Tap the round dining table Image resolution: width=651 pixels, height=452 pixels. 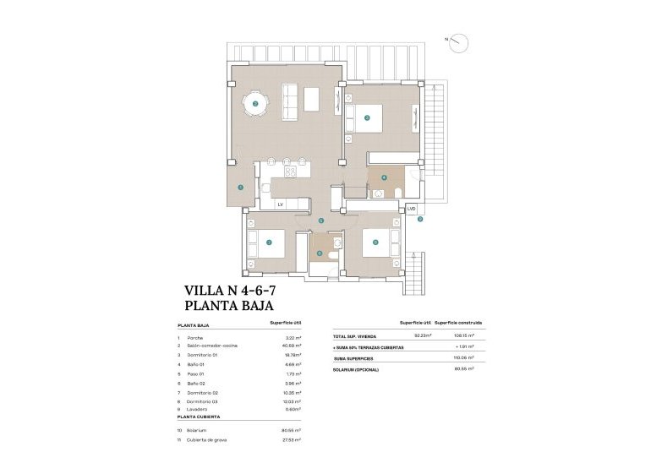[255, 104]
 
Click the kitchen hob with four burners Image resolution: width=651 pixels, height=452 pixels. [291, 172]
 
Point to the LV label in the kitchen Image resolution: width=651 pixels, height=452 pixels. [280, 204]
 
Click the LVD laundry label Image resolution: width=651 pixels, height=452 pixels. [411, 208]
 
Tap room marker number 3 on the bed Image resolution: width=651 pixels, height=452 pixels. [367, 117]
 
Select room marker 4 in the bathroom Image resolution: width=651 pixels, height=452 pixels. [384, 177]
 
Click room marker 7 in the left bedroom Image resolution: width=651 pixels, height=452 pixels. [269, 242]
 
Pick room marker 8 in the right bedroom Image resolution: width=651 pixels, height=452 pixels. [375, 242]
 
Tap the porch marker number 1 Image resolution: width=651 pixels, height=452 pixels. [241, 187]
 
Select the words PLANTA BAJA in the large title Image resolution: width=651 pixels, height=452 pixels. [229, 307]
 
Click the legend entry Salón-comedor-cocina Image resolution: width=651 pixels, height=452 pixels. [212, 346]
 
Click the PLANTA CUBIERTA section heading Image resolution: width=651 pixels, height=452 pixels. [199, 417]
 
